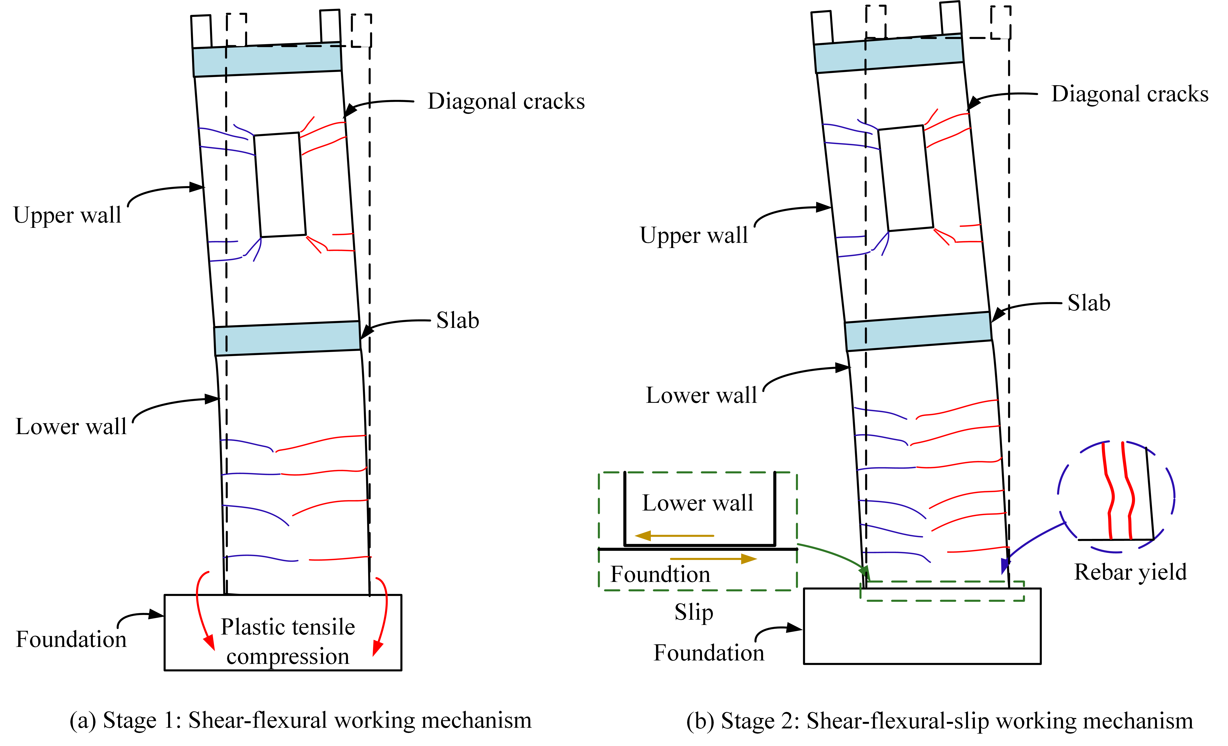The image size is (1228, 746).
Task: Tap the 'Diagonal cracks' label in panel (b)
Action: click(x=1130, y=94)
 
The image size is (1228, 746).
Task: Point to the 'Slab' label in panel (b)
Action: click(x=1089, y=303)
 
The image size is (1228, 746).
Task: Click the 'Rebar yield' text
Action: click(x=1130, y=572)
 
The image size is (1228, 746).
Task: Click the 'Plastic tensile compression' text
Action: click(x=288, y=641)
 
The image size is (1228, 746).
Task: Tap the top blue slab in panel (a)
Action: click(x=267, y=59)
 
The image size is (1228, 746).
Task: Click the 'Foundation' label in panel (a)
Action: click(x=71, y=639)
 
